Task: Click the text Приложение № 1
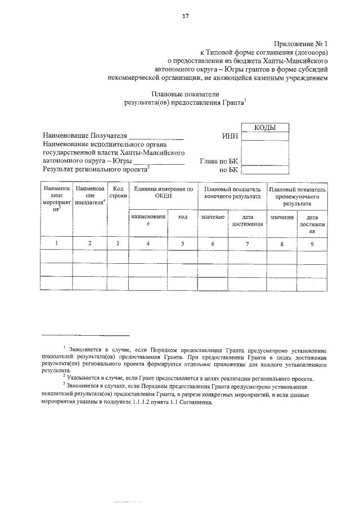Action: pyautogui.click(x=300, y=43)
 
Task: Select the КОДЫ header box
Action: pyautogui.click(x=265, y=128)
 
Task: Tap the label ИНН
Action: pyautogui.click(x=231, y=137)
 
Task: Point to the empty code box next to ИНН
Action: pyautogui.click(x=265, y=137)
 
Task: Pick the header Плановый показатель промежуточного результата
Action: pyautogui.click(x=297, y=197)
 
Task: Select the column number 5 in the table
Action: pyautogui.click(x=182, y=244)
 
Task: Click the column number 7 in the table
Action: pyautogui.click(x=247, y=244)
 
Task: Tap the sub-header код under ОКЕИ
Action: pyautogui.click(x=182, y=217)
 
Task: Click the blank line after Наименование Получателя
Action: pyautogui.click(x=156, y=137)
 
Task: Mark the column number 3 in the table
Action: pyautogui.click(x=118, y=244)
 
